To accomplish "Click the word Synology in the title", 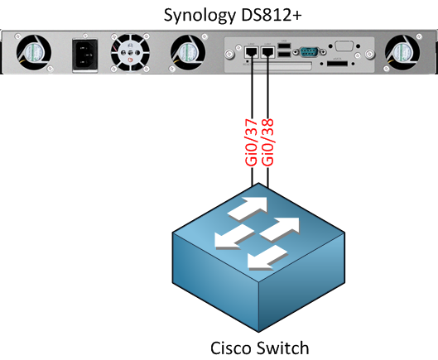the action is pos(200,16).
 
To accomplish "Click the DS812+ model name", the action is pos(272,15).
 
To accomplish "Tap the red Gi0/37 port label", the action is pos(251,142).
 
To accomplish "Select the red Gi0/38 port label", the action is pos(267,142).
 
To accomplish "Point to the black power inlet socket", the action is pos(85,55).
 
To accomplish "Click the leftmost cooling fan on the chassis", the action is pos(33,53).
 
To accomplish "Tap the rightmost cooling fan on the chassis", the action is pos(402,53).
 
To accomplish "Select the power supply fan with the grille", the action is pos(130,52).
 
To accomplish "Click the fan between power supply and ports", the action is pos(188,53).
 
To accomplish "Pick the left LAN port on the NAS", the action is pos(252,52).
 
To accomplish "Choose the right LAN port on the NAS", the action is pos(268,52).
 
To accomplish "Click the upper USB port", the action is pos(284,46).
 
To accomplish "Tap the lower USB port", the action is pos(284,55).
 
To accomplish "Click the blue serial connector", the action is pos(309,51).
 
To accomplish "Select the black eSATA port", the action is pos(337,64).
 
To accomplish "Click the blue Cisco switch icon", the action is pos(258,257).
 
